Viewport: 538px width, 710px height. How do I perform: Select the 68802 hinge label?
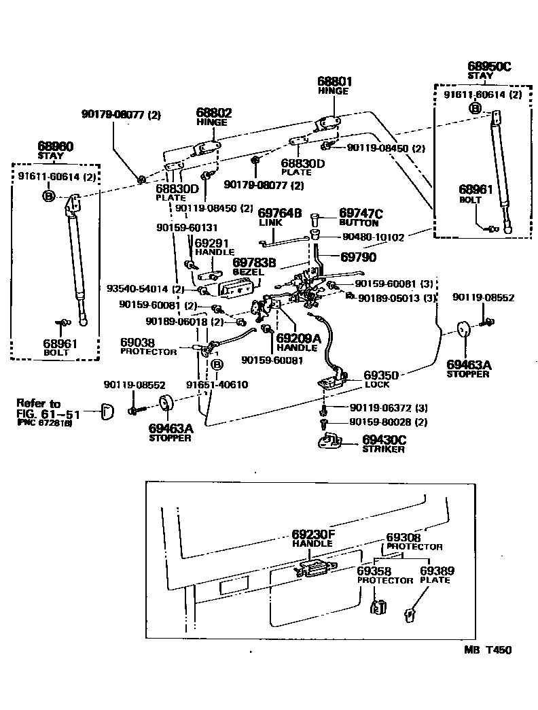pos(214,112)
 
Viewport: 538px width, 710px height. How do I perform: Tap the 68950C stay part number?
pos(489,67)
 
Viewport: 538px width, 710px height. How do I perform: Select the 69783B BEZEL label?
pos(253,263)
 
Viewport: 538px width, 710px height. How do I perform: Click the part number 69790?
pos(358,258)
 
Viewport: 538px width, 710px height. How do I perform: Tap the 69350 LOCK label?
pos(380,375)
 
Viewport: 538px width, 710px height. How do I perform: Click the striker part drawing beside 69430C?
pos(331,444)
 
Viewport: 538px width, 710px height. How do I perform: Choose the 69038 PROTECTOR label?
pos(139,344)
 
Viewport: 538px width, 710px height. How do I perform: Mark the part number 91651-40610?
pos(217,384)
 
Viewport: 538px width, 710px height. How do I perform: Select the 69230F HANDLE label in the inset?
pos(313,535)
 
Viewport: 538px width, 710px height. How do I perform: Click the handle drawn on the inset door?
pos(315,569)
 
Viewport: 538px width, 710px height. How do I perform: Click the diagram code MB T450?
pos(488,649)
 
